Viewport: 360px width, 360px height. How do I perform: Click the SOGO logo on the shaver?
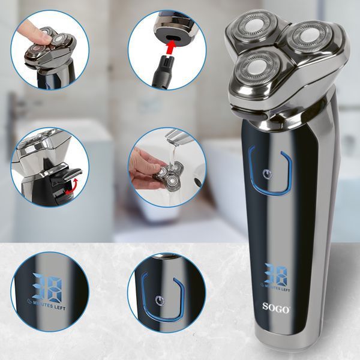[276, 308]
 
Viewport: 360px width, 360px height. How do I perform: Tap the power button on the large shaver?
[267, 175]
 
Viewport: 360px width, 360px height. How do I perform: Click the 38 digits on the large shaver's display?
[275, 274]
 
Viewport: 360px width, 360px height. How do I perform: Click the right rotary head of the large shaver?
[308, 37]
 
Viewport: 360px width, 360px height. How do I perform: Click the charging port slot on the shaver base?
[172, 37]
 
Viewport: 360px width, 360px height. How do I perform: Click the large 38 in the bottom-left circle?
[47, 287]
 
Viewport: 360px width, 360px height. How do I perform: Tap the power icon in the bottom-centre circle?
[160, 301]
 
